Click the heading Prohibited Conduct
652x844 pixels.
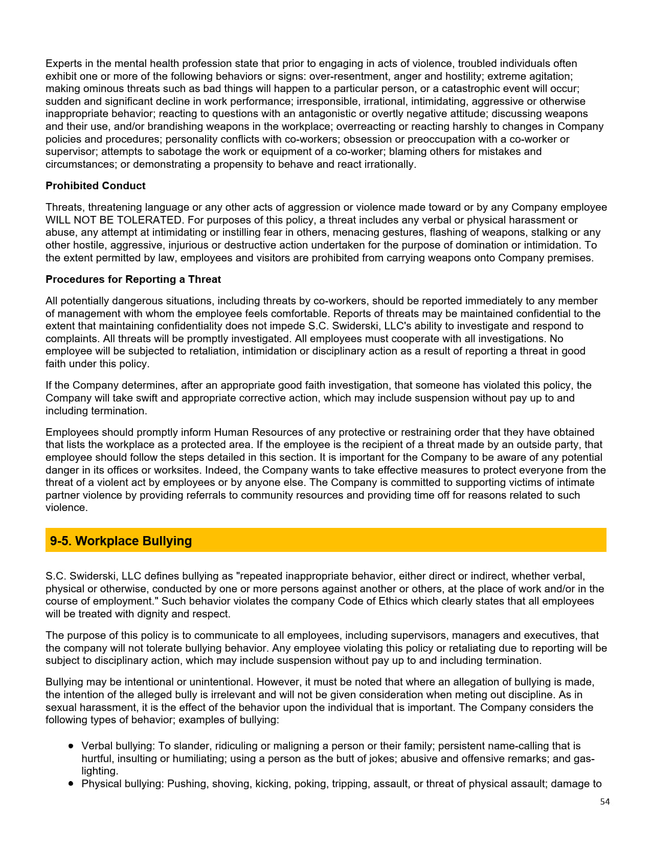click(95, 186)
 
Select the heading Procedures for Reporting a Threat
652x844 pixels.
click(133, 279)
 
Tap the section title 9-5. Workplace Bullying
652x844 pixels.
click(121, 541)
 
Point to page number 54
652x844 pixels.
click(604, 802)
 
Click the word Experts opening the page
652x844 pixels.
click(62, 63)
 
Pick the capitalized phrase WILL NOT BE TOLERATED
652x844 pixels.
click(114, 220)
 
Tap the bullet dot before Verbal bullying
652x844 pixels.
click(71, 746)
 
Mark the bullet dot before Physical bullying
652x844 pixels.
click(71, 784)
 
